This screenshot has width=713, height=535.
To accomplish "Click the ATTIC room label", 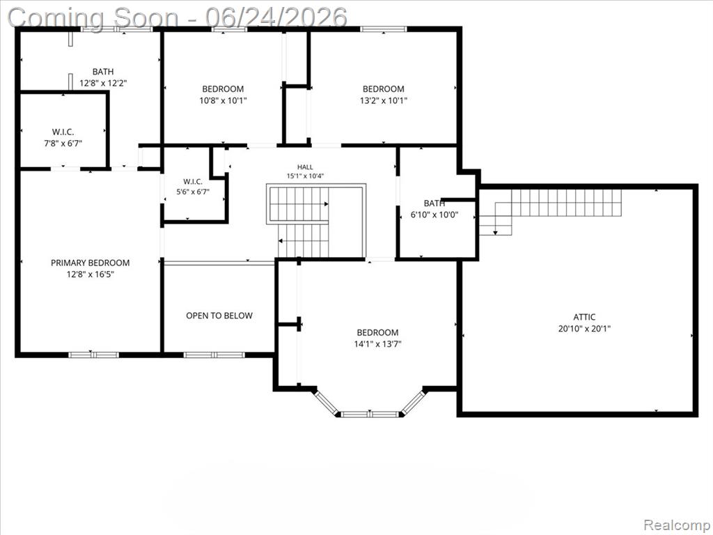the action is coord(584,317).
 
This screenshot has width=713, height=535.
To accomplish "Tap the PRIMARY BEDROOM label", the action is coord(90,263).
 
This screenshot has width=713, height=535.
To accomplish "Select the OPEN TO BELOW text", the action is coord(219,316).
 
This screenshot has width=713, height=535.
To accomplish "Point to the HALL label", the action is coord(305,167).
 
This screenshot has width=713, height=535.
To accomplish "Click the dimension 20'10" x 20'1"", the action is coord(584,329).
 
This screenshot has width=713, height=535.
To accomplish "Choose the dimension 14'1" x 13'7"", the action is coord(377,344).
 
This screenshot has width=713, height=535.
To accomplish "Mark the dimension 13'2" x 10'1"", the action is coord(384,100).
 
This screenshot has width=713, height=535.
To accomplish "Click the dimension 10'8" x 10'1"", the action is coord(223,100).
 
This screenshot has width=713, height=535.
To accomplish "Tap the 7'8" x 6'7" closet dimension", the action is coord(63,144).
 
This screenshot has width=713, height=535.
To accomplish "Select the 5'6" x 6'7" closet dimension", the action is coord(193,192).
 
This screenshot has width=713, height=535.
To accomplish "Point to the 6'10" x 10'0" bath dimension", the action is coord(434,215).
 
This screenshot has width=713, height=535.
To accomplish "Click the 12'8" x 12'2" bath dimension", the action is coord(103,84).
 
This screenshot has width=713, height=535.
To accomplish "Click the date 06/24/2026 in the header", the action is coord(276,17).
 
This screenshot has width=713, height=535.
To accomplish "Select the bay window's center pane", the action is coord(370,414).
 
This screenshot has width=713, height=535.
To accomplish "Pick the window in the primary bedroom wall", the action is coord(94,355).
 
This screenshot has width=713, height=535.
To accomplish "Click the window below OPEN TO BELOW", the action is coord(214,355).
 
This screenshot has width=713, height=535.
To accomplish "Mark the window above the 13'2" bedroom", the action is coord(384,29).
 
